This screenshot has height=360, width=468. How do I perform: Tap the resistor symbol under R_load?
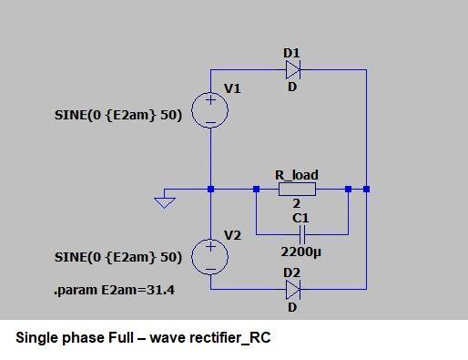297,190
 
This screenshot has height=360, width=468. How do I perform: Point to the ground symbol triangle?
165,201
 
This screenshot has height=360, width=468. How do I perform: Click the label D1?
291,54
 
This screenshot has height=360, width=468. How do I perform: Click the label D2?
291,273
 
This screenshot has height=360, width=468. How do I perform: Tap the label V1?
233,88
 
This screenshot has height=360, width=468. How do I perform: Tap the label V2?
233,235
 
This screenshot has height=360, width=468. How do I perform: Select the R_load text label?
297,175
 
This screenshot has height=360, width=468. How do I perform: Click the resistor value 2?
296,204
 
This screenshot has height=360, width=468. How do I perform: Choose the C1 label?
300,219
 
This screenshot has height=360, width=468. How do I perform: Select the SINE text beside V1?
118,116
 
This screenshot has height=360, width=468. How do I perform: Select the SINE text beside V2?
118,258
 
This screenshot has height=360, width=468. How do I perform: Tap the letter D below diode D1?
292,87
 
